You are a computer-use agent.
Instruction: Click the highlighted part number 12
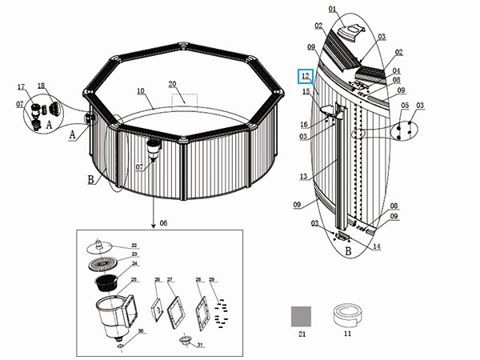click(x=306, y=76)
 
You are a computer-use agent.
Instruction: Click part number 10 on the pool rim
click(x=140, y=91)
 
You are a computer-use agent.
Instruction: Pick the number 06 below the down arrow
click(x=165, y=223)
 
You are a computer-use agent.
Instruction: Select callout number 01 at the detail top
click(x=333, y=10)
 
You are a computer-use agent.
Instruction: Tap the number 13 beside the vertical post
click(x=303, y=176)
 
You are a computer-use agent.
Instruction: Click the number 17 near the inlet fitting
click(x=21, y=87)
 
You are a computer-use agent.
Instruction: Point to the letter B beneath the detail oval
click(x=349, y=251)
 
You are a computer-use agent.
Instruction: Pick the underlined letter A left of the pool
click(x=71, y=135)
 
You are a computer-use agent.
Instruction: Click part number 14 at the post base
click(x=376, y=247)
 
